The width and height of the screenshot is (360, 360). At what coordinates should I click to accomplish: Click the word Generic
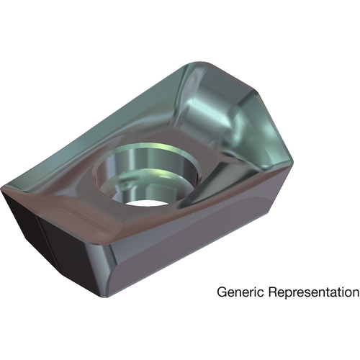pyautogui.click(x=240, y=292)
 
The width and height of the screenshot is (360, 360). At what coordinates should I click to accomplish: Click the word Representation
pyautogui.click(x=314, y=293)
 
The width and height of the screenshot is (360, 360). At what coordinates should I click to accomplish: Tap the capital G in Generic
pyautogui.click(x=222, y=292)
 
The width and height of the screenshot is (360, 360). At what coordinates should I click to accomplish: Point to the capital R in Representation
pyautogui.click(x=273, y=292)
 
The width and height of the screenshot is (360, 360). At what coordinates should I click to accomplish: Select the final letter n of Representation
pyautogui.click(x=355, y=294)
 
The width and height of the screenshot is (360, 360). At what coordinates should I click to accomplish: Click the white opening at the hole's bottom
pyautogui.click(x=145, y=203)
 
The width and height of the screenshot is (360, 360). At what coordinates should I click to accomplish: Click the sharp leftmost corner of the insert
pyautogui.click(x=2, y=189)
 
